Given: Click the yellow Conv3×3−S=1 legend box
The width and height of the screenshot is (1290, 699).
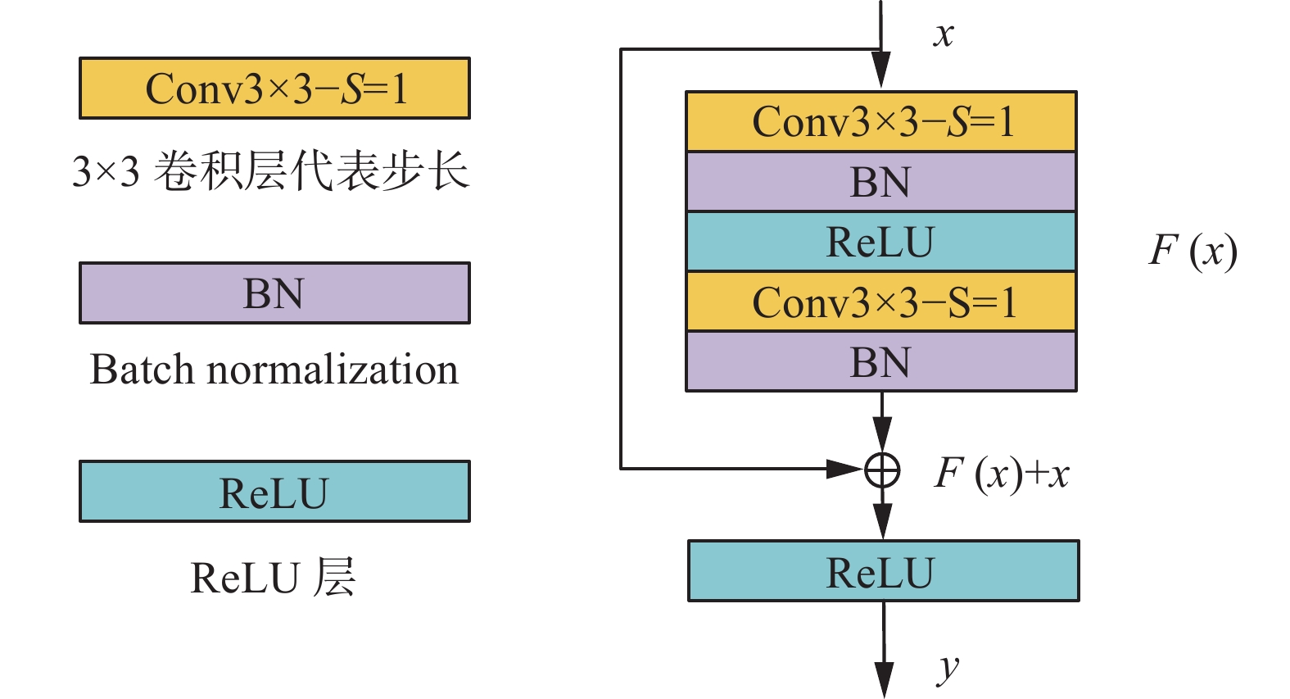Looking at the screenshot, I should point(274,89).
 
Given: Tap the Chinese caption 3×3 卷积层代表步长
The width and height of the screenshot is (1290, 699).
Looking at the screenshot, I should point(270,172).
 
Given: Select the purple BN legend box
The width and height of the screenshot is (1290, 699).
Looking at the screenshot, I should point(274,293).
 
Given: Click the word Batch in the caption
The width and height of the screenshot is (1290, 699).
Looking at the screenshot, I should point(143,370).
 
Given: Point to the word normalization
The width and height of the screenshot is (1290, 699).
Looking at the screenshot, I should point(333,370).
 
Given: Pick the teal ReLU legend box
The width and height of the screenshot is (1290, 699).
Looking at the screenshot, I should point(274,492).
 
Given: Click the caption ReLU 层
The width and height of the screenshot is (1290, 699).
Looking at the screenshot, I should point(273,578).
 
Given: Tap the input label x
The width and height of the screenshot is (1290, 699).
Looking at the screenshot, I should point(944,34).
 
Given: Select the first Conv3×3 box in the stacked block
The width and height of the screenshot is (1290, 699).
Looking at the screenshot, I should point(881,121).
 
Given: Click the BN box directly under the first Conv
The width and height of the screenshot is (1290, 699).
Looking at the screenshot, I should point(881,182).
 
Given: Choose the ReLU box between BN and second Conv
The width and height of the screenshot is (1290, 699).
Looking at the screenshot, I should point(881,242).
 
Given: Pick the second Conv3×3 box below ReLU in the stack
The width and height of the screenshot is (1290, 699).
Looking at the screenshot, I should point(881,302).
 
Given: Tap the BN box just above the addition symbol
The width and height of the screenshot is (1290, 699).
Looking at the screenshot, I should point(881,361).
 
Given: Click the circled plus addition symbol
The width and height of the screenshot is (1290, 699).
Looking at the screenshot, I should point(882,470).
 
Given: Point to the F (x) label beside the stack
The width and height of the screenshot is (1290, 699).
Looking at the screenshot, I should point(1193,251).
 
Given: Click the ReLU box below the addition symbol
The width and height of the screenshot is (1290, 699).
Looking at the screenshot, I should point(883,571).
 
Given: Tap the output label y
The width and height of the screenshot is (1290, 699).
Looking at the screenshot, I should point(948,668).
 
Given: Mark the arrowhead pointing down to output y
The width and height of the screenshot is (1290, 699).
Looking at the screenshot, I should point(884,680).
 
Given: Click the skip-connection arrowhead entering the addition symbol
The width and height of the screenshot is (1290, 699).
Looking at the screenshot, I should point(844,469).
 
